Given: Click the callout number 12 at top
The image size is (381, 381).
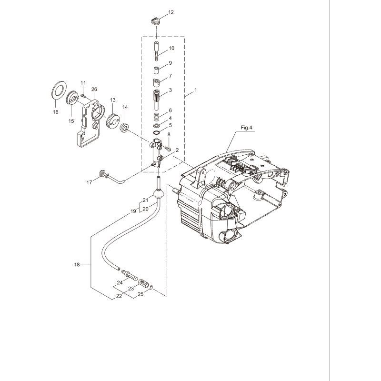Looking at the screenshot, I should [x=158, y=11].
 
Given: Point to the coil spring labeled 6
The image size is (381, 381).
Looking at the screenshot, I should [x=156, y=116].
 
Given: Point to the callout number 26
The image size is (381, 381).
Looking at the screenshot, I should [x=94, y=89].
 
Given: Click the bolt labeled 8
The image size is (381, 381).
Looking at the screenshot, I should [x=168, y=150].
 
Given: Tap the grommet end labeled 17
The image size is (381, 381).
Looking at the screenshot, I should [x=101, y=173].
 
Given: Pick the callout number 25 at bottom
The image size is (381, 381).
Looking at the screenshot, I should [x=140, y=294].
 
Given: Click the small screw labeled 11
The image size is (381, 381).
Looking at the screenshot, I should [x=83, y=95].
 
